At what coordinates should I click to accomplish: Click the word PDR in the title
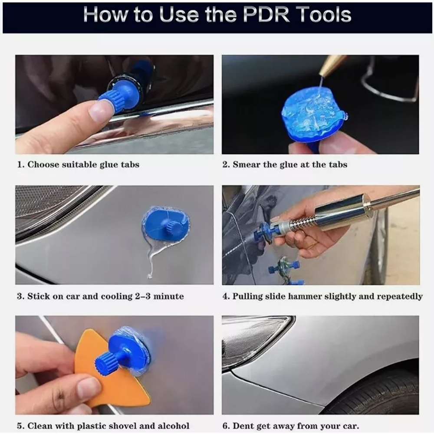pos(266,15)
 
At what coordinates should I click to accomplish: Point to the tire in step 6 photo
pos(379,393)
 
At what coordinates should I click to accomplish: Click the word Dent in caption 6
pos(242,425)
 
